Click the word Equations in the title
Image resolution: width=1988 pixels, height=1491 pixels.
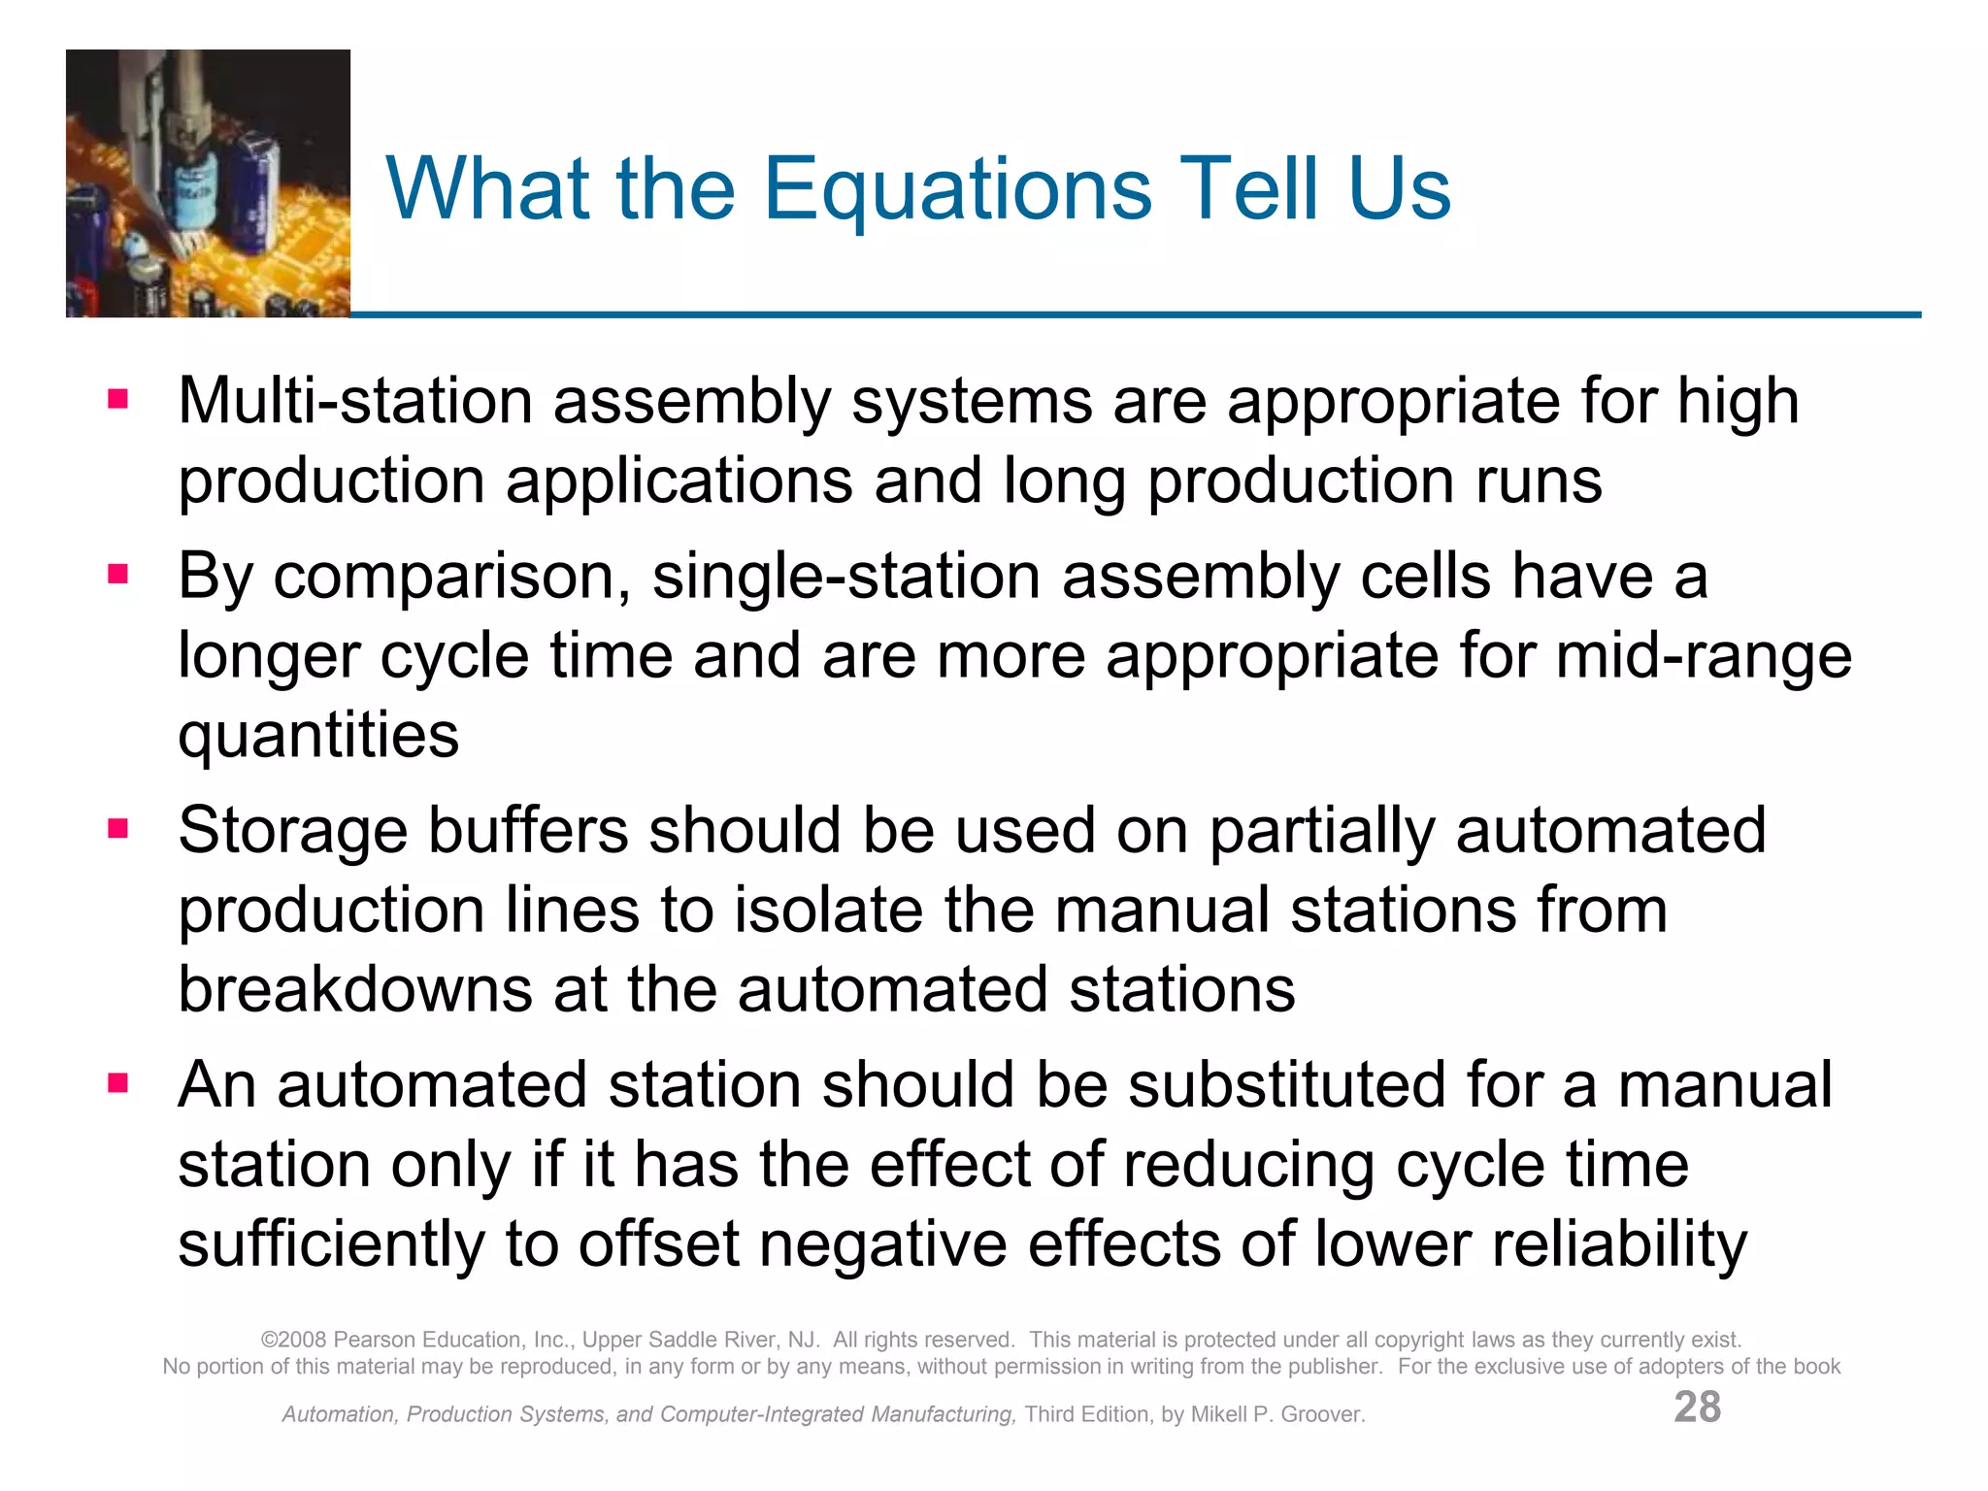pyautogui.click(x=957, y=191)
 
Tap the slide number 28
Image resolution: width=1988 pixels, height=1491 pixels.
pyautogui.click(x=1697, y=1407)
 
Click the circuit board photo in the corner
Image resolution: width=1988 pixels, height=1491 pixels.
pyautogui.click(x=208, y=183)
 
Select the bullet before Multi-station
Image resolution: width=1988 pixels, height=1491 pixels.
pyautogui.click(x=118, y=400)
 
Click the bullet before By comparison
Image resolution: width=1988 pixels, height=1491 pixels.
pyautogui.click(x=118, y=575)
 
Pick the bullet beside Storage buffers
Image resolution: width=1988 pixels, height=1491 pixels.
pyautogui.click(x=118, y=829)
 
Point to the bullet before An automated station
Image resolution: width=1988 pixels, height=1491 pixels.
pyautogui.click(x=118, y=1083)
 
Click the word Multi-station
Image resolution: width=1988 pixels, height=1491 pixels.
pyautogui.click(x=355, y=401)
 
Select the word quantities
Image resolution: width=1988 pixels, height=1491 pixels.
pyautogui.click(x=318, y=736)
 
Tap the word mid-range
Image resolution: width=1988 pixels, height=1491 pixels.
pyautogui.click(x=1704, y=655)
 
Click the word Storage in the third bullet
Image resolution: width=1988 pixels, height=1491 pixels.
pyautogui.click(x=292, y=831)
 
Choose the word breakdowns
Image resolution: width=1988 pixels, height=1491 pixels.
pyautogui.click(x=355, y=989)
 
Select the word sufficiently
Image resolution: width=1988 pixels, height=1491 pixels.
pyautogui.click(x=330, y=1243)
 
